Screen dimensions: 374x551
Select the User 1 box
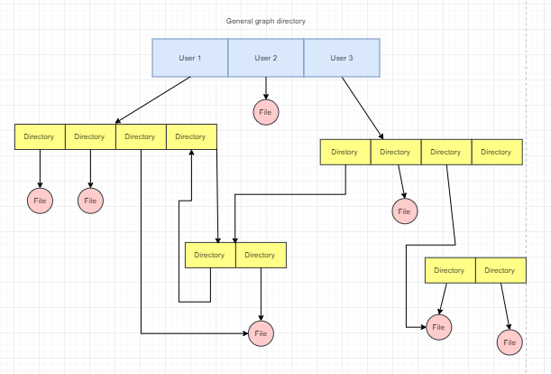[189, 58]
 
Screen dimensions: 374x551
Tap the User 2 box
[265, 58]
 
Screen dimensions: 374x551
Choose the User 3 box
[341, 58]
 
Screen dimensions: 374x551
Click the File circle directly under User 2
[265, 112]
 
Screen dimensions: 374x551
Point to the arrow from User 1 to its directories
[153, 99]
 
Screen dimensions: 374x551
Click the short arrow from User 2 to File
[265, 88]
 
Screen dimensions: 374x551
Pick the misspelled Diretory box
[344, 152]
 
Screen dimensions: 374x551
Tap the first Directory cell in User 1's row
[40, 136]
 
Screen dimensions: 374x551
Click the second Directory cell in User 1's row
[90, 136]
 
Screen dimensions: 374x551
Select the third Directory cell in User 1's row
[141, 136]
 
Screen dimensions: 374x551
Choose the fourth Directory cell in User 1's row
[191, 136]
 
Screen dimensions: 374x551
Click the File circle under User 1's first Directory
[40, 201]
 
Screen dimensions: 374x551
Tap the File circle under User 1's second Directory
[90, 201]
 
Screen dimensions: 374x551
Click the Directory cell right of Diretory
[395, 152]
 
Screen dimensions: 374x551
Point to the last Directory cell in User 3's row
[496, 152]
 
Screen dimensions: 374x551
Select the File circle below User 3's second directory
[404, 211]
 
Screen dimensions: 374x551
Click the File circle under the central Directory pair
[261, 333]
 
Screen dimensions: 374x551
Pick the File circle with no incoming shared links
[510, 342]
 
